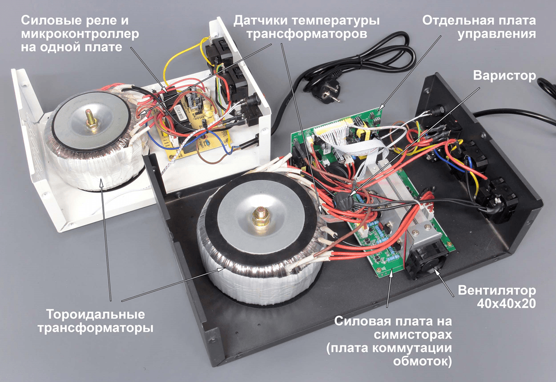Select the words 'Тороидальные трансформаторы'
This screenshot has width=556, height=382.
click(x=95, y=321)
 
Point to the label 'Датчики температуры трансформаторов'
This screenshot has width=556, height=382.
click(x=306, y=28)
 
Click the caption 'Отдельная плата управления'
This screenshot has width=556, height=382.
click(x=479, y=28)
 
